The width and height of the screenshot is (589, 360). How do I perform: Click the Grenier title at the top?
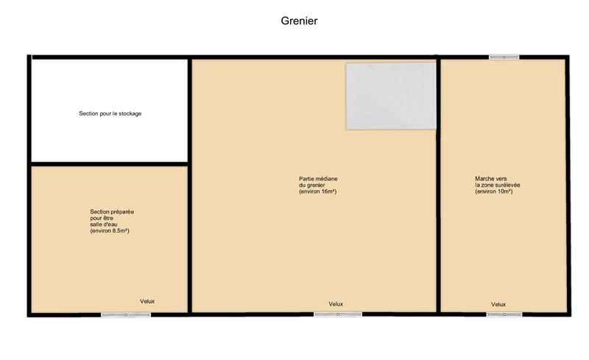click(x=299, y=21)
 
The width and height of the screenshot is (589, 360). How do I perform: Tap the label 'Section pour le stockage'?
click(x=110, y=113)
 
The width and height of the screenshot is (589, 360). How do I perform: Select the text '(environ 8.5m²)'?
click(x=110, y=230)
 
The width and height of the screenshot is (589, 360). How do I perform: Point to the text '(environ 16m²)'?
click(x=318, y=191)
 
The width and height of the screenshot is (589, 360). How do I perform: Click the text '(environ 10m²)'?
click(x=493, y=191)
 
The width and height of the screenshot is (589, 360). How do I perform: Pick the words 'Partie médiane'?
click(x=318, y=179)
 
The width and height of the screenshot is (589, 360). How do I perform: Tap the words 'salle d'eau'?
click(x=104, y=225)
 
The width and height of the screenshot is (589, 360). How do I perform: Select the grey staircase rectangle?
click(x=391, y=96)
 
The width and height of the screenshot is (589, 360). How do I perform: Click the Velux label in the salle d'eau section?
click(x=147, y=301)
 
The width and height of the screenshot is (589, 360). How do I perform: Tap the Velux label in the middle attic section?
click(x=336, y=304)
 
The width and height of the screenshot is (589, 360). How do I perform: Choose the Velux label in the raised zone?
click(x=498, y=304)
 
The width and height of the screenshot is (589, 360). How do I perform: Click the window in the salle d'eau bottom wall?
click(x=126, y=315)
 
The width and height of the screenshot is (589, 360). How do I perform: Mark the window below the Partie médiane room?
click(x=338, y=314)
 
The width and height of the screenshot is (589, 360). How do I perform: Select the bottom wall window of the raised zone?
click(x=504, y=314)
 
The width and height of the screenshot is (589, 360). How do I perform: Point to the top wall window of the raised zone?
click(x=504, y=57)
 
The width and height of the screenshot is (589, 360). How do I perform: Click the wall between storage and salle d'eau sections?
click(x=109, y=164)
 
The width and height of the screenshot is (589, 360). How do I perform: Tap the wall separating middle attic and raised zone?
click(x=438, y=185)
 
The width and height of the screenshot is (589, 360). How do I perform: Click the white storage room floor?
click(x=109, y=139)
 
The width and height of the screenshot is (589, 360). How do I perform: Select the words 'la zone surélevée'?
click(x=498, y=185)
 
